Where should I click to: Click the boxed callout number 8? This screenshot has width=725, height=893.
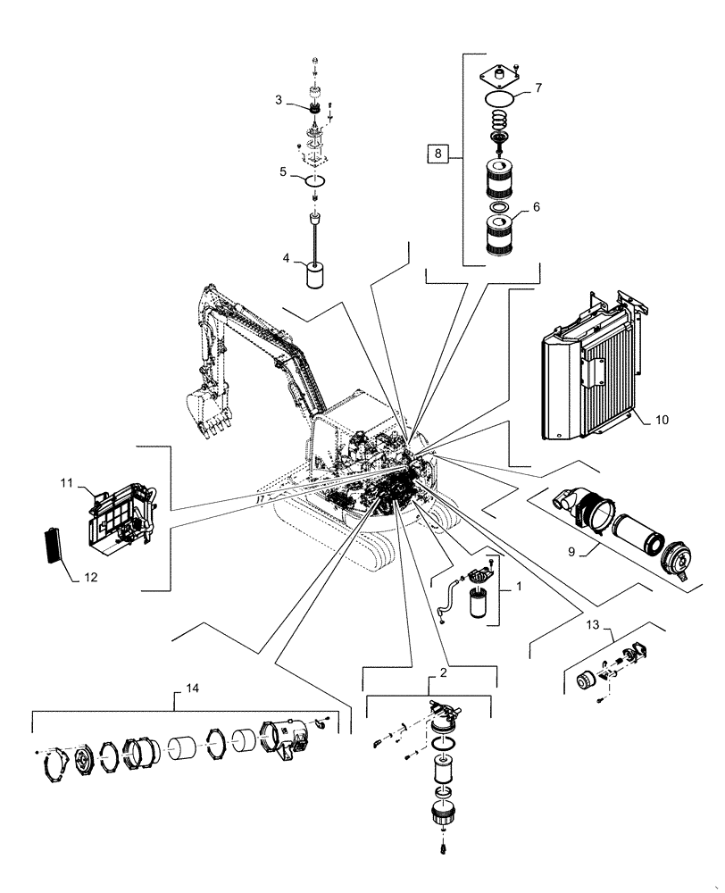437,154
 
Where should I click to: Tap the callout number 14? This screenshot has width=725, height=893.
192,689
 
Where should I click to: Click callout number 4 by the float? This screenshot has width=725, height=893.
287,258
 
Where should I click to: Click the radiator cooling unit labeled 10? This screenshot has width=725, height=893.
589,375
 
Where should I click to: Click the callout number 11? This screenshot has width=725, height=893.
66,483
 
